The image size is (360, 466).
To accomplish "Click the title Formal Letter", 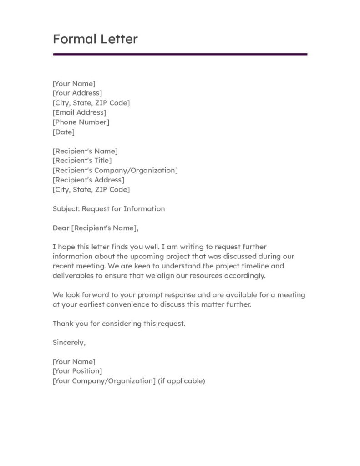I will click(95, 39).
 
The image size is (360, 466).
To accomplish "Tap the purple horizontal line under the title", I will click(180, 54).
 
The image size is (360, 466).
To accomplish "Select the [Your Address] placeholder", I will click(77, 93).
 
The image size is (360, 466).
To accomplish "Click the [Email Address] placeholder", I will click(80, 112).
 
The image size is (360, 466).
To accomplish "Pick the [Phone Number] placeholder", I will click(81, 122).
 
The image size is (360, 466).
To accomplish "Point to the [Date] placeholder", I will click(64, 132).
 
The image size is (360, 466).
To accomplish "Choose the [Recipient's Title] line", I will click(82, 161).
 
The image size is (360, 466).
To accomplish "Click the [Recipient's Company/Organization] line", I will click(115, 170).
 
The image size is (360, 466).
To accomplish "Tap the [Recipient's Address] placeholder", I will click(88, 180).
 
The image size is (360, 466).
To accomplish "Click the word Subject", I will click(65, 209).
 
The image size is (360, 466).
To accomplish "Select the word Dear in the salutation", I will click(61, 228).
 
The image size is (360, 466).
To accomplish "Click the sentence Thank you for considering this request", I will click(119, 324).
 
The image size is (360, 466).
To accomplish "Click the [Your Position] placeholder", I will click(77, 371).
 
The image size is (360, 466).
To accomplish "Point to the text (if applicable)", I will click(182, 381).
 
